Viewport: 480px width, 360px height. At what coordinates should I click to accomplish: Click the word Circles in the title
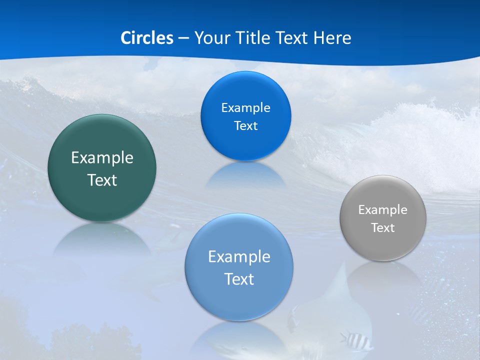click(147, 38)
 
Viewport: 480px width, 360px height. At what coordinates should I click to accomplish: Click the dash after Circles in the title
click(183, 38)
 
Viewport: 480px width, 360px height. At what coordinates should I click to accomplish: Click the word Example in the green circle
click(102, 158)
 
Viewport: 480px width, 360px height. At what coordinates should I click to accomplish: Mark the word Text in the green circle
click(102, 180)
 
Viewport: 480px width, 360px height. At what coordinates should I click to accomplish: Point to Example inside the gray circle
click(383, 210)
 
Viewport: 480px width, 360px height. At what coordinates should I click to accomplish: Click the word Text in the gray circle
click(383, 228)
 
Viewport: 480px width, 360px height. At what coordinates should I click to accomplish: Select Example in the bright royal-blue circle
click(245, 108)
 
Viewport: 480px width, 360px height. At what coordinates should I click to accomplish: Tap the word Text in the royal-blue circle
click(245, 126)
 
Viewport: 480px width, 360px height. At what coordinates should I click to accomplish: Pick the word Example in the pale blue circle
click(239, 257)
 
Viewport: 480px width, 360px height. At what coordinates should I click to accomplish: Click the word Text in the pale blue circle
click(239, 279)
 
